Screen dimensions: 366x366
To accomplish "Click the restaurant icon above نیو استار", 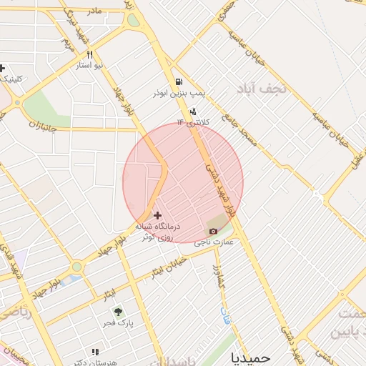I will [x=90, y=54].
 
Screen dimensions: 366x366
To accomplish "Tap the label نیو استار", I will [x=90, y=65].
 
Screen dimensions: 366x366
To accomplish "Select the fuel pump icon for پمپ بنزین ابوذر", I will [x=177, y=82].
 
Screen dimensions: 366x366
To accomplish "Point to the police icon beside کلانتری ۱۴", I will [x=194, y=112].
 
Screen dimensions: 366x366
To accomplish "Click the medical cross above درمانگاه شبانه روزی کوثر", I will [x=158, y=214].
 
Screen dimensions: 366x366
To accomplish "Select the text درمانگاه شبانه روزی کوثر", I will [x=159, y=230].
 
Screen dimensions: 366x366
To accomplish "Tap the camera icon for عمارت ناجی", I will [x=213, y=231].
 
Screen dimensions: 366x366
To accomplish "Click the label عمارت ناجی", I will [x=214, y=243].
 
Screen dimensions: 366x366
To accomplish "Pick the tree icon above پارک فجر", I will [x=118, y=312].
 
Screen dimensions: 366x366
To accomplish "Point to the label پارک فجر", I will [x=118, y=323].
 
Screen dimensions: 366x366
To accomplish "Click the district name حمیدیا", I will [x=252, y=355].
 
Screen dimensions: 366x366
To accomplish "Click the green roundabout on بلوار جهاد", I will [x=76, y=267].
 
